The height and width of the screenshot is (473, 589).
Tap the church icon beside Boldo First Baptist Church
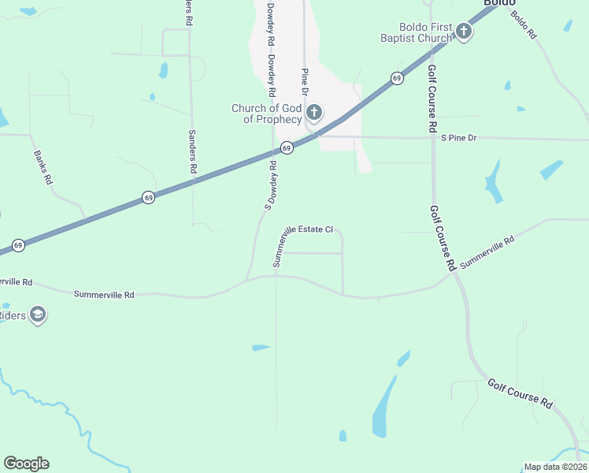pos(464,32)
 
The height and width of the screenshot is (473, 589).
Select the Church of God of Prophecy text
pos(266,114)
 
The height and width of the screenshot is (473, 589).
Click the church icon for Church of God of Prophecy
pos(314,113)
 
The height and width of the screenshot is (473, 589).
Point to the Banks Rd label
pos(43,167)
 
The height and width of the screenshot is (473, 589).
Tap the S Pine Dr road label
pos(459,138)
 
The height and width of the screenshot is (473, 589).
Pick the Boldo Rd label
pos(523,24)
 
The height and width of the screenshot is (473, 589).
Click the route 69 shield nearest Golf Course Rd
pos(397,78)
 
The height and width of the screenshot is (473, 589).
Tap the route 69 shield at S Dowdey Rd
pos(287,147)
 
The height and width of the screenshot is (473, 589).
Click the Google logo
pos(26,464)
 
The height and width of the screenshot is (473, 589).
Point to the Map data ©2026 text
pos(555,467)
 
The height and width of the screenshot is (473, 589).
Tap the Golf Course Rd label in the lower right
pos(520,392)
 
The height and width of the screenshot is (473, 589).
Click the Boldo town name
pos(499,3)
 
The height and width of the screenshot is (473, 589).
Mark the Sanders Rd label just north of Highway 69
pos(192,151)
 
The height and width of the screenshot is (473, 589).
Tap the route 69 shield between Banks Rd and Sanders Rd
pos(149,198)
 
